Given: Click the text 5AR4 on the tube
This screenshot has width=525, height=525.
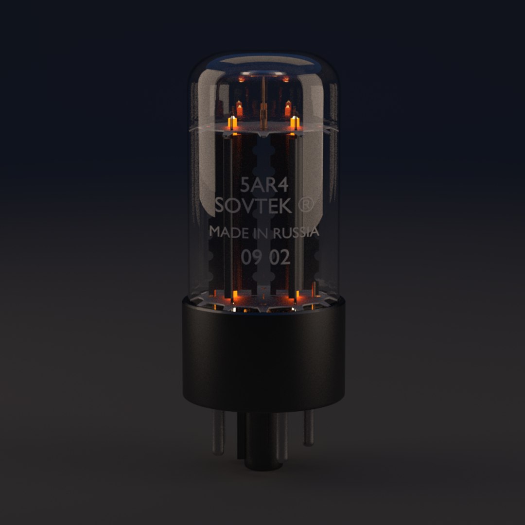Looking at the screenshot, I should coord(262,185).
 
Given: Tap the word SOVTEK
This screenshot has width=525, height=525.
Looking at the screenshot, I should coord(253,206).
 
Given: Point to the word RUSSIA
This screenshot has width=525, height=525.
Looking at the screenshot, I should coord(296,232).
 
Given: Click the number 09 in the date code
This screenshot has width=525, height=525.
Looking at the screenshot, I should coord(251,258).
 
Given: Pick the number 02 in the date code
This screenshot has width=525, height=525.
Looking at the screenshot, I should coord(280,258).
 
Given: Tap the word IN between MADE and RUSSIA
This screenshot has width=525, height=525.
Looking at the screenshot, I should coord(260,233).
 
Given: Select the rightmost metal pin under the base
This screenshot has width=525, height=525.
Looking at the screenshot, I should coord(308,427).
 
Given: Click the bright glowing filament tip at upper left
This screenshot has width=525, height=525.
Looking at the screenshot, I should coord(232,122).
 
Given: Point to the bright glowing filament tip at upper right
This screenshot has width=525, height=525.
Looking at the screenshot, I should coord(294,122).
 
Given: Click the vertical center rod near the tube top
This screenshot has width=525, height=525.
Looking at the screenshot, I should coord(263,97).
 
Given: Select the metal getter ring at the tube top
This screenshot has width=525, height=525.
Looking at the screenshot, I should coord(263,75).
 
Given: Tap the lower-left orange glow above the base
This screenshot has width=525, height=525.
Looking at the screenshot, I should coord(234,295).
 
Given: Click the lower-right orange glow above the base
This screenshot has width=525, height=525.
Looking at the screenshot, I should coord(293,295).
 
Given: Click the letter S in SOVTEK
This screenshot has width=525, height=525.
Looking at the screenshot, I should coord(220,206).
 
